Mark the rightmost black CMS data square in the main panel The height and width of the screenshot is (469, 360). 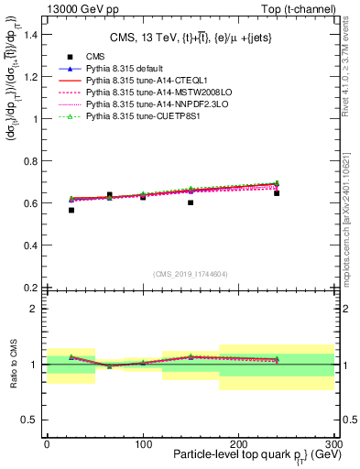(277, 193)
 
